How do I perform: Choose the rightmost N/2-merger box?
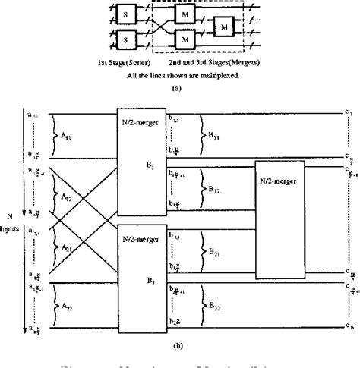[x=284, y=214]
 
